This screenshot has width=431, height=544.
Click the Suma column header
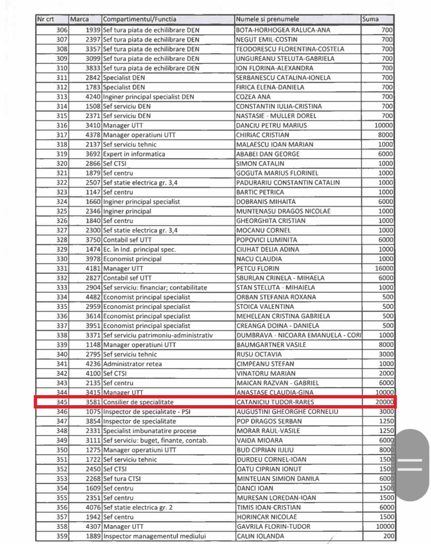coord(370,19)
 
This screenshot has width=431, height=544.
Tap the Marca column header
coord(79,19)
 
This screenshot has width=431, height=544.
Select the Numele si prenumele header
coord(268,19)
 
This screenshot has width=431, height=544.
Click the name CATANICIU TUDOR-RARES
coord(275,402)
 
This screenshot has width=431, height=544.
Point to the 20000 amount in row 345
coord(384,402)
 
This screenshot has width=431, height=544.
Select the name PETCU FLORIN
coord(258,268)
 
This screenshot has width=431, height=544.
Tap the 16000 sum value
coord(384,268)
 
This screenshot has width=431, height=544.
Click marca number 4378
coord(93,135)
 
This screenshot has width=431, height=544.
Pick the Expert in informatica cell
coord(134,154)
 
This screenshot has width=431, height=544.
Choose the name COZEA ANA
coord(253,97)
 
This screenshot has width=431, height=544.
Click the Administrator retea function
coord(132,364)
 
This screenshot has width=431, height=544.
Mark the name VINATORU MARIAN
coord(266,373)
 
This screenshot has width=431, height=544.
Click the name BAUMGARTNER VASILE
coord(271,345)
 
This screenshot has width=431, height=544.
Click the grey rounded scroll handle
coord(411,465)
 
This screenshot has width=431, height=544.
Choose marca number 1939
coord(93,30)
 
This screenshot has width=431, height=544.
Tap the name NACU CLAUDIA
coord(259,259)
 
